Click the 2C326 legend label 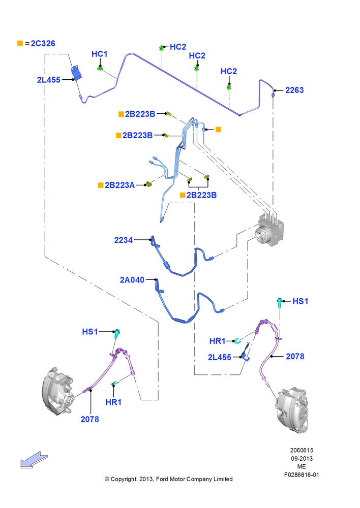tap(43, 43)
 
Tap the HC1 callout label tap(99, 54)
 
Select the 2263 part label tap(294, 90)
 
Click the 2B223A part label tap(119, 185)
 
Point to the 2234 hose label tap(123, 240)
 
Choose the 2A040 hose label tap(132, 279)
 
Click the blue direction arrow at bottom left tap(34, 460)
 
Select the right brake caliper tap(291, 410)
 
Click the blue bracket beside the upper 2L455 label tap(77, 73)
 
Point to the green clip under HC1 tap(100, 69)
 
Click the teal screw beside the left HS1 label tap(117, 333)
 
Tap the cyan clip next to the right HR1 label tap(238, 340)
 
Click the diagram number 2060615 tap(302, 450)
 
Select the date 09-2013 tap(302, 458)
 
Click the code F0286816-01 tap(302, 475)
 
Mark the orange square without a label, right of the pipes tap(218, 130)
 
